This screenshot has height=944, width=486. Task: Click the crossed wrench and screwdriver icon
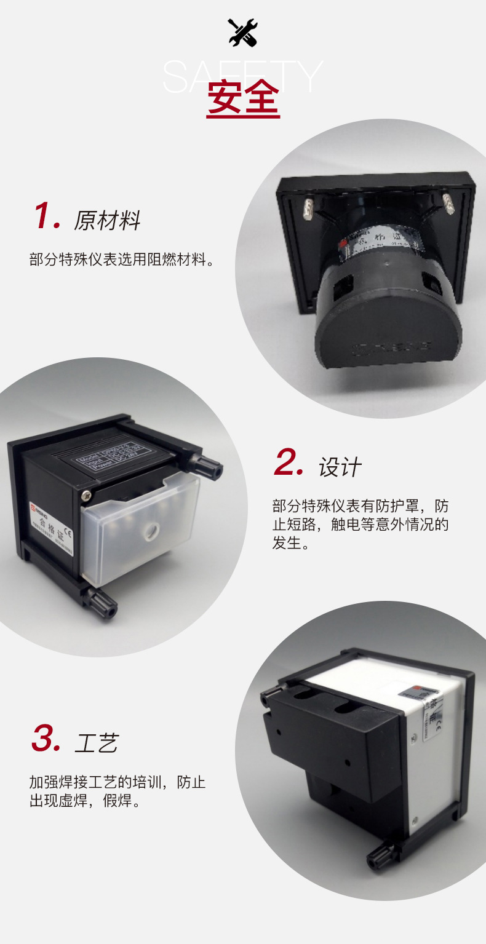pos(242,32)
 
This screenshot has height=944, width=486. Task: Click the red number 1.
pos(47,217)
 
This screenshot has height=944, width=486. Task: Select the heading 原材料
pos(107,220)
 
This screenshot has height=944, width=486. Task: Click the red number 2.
pos(289,464)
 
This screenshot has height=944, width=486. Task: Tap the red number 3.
pos(46,739)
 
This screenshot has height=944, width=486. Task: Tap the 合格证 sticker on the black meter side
pos(53,526)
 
